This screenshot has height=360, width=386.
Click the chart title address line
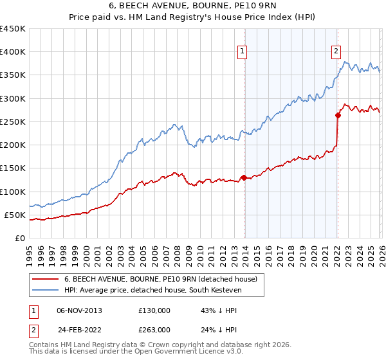click(x=192, y=7)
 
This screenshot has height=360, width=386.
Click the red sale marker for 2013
click(x=244, y=177)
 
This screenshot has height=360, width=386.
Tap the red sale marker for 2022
click(x=338, y=116)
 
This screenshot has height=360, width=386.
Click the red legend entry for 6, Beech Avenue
click(x=161, y=279)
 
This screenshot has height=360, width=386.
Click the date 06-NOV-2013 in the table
click(x=79, y=310)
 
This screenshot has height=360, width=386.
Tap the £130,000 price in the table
click(x=154, y=310)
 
